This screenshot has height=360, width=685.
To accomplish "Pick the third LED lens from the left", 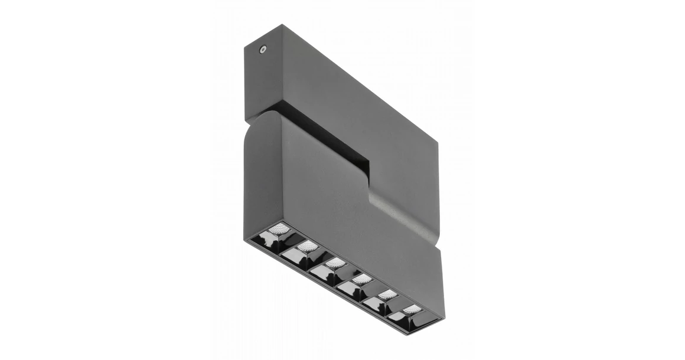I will (335, 262).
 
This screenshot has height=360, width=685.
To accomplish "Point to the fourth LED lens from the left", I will (361, 278).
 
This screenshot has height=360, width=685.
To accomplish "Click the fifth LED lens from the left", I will (387, 293).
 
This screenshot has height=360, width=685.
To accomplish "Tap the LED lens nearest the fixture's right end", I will (412, 309).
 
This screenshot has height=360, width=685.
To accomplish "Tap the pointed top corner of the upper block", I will (282, 25).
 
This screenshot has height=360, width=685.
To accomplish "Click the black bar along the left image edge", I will (35, 180).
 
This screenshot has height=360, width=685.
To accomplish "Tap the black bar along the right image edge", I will (650, 180).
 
